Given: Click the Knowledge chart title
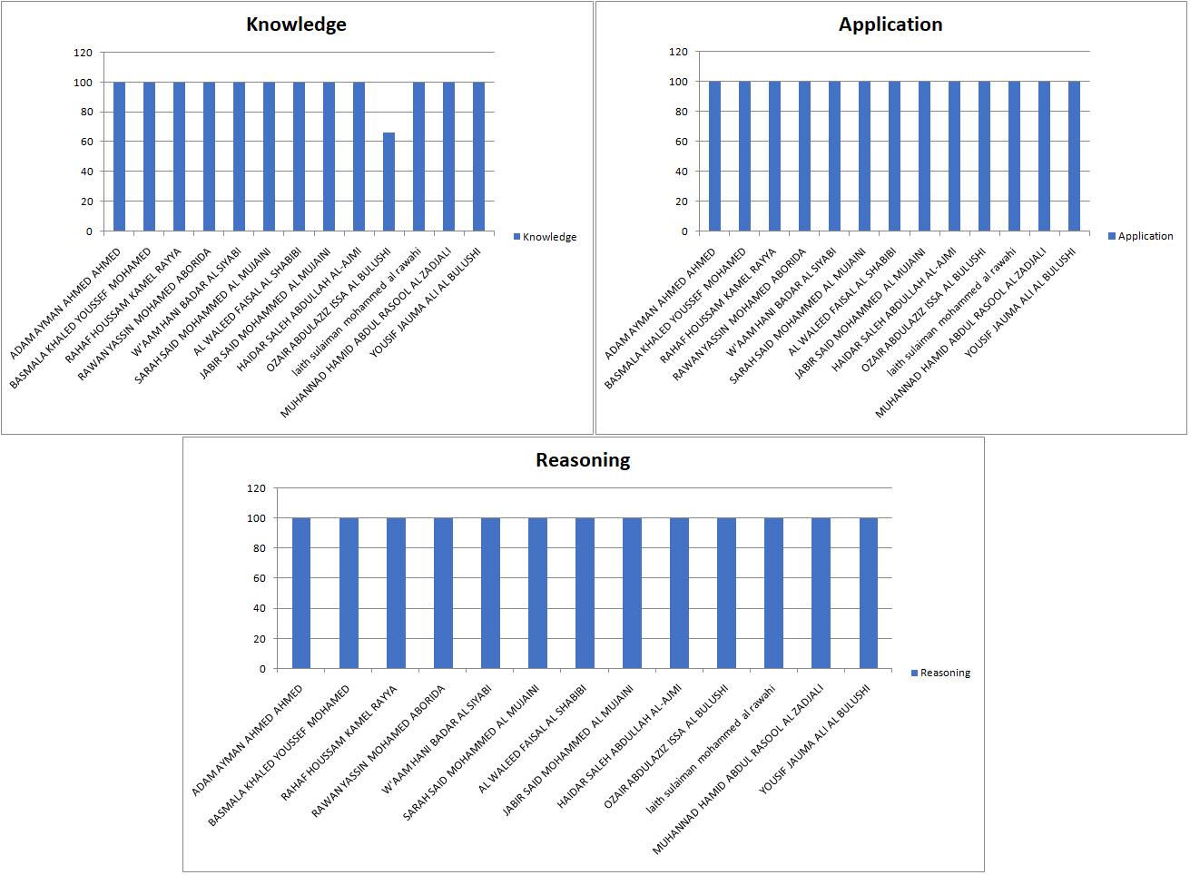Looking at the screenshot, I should point(296,25).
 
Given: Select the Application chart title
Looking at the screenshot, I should point(890,25).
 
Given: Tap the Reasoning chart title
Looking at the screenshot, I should point(583,460).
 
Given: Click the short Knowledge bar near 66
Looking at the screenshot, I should point(388,182).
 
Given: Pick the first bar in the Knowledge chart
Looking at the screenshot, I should point(119,156).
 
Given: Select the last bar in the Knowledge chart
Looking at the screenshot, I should point(478,156).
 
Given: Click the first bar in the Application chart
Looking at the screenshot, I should point(714,156).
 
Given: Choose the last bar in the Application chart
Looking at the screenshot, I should point(1074,156).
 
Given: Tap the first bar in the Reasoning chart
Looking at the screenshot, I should point(301,593).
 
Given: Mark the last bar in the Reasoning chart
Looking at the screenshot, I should point(868,593).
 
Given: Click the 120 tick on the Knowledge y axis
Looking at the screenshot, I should point(84,53).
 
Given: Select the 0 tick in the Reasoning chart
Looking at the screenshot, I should point(262,669).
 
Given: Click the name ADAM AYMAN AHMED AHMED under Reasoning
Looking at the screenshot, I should point(248,741).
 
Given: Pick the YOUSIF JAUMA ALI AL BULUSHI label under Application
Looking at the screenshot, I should point(1020,302).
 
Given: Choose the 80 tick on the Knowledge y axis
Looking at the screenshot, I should point(86,112).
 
